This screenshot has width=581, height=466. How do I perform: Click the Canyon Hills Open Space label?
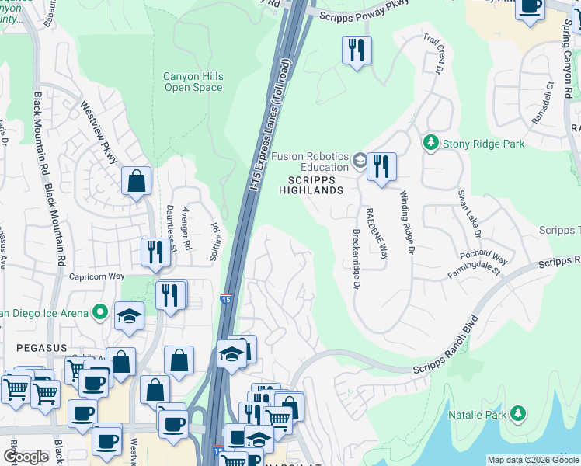pyautogui.click(x=193, y=82)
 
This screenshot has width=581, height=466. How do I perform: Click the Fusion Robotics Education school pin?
pyautogui.click(x=359, y=160)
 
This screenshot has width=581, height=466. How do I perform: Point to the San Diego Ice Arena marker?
pyautogui.click(x=99, y=312)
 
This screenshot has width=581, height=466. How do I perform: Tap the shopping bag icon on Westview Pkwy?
pyautogui.click(x=136, y=181)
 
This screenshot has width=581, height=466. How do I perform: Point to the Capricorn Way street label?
pyautogui.click(x=97, y=276)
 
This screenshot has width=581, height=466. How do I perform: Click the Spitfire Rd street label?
pyautogui.click(x=215, y=221)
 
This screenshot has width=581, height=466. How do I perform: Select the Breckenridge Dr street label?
pyautogui.click(x=357, y=259)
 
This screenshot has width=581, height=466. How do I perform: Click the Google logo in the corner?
pyautogui.click(x=26, y=457)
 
